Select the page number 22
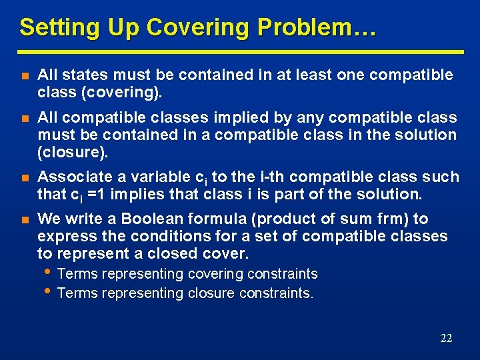click(x=446, y=338)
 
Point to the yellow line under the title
click(x=240, y=51)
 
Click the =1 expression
click(x=99, y=194)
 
